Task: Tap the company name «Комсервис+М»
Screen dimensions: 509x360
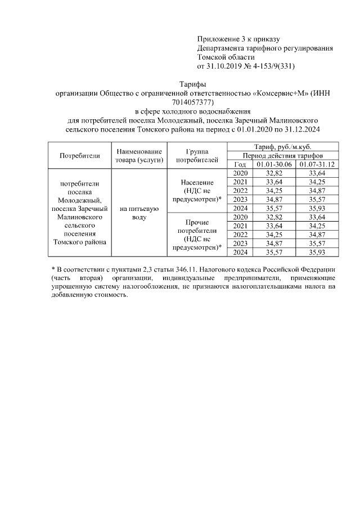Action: (x=273, y=93)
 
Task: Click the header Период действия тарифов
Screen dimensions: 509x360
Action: (x=282, y=155)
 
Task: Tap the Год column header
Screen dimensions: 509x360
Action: (x=240, y=164)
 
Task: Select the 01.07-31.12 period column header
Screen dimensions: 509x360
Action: (x=317, y=164)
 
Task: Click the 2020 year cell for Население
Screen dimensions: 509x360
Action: (x=240, y=173)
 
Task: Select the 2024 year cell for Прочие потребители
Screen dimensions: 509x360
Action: (x=240, y=253)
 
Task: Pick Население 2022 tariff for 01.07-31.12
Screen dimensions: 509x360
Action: (x=317, y=191)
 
